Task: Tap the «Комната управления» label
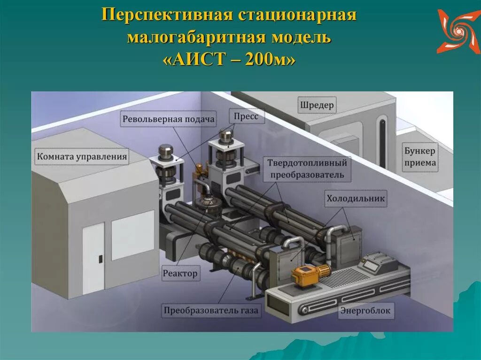82,156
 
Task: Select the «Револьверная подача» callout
169,119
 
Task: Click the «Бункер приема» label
420,157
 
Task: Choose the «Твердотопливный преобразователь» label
307,169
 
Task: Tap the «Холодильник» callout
356,199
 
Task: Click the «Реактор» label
181,273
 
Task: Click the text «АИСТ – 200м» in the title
230,60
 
